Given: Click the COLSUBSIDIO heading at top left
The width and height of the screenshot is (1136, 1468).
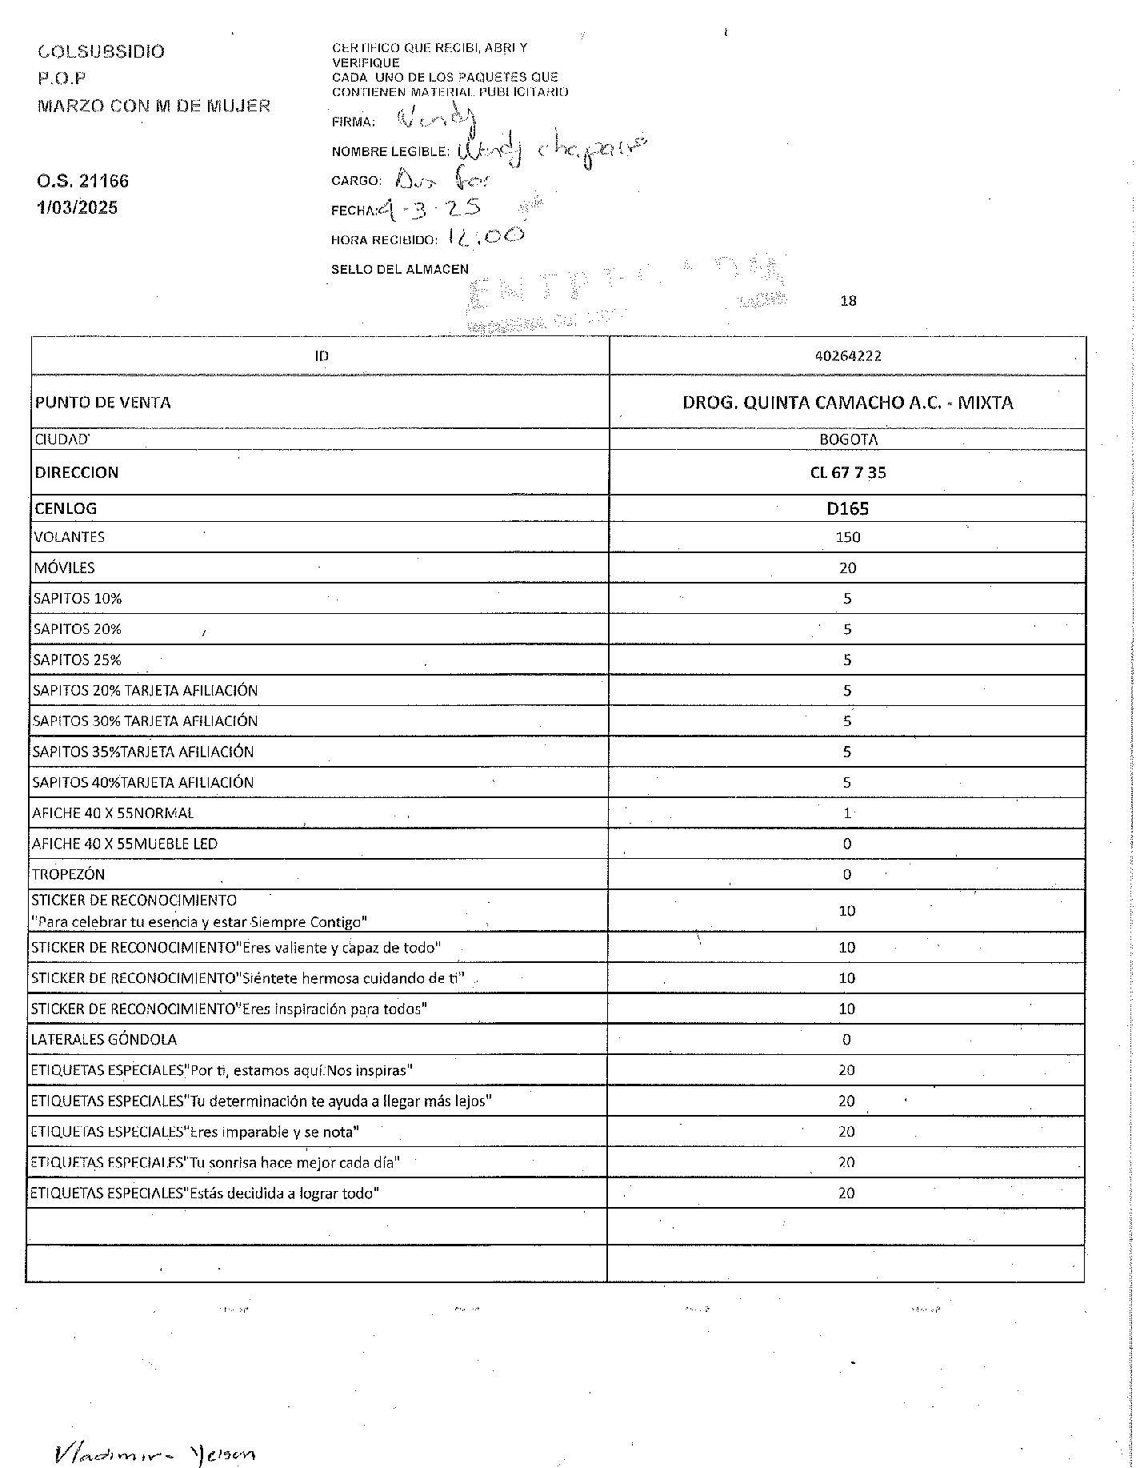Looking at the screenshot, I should (x=101, y=52).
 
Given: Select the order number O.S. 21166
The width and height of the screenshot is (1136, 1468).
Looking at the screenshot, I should (x=82, y=181).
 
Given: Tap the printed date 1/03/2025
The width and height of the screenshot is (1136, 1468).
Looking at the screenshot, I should (x=77, y=208).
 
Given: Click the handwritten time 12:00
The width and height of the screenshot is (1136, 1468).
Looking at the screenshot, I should (x=486, y=235).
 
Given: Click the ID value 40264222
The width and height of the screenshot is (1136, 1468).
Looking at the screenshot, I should (x=847, y=356).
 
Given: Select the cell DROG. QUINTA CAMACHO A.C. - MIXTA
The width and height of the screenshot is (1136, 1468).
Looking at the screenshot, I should (x=847, y=403).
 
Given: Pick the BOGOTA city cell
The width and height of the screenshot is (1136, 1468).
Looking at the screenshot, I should (x=847, y=439).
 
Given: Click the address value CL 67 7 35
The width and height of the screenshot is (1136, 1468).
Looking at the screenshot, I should (x=847, y=472).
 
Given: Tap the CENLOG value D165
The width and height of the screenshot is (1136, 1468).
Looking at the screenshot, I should (x=847, y=508).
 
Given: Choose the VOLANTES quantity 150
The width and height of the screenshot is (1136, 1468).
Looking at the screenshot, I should (x=847, y=537).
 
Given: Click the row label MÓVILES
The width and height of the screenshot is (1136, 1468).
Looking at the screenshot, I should (x=65, y=568).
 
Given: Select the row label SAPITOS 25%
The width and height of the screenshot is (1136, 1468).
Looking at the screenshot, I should (x=77, y=660).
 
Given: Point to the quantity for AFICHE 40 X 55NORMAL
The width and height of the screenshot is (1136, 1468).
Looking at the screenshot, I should (x=847, y=813).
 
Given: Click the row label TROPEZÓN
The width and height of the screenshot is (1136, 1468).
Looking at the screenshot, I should (x=68, y=875).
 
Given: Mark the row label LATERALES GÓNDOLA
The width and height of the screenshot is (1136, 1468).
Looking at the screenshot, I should (x=104, y=1040).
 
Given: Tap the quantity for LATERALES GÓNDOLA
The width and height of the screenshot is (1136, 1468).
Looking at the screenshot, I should (x=846, y=1040).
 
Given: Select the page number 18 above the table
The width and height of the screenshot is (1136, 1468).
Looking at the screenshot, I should (x=848, y=301).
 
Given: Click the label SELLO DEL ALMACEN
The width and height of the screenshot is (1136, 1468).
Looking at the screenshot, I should (x=400, y=270).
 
